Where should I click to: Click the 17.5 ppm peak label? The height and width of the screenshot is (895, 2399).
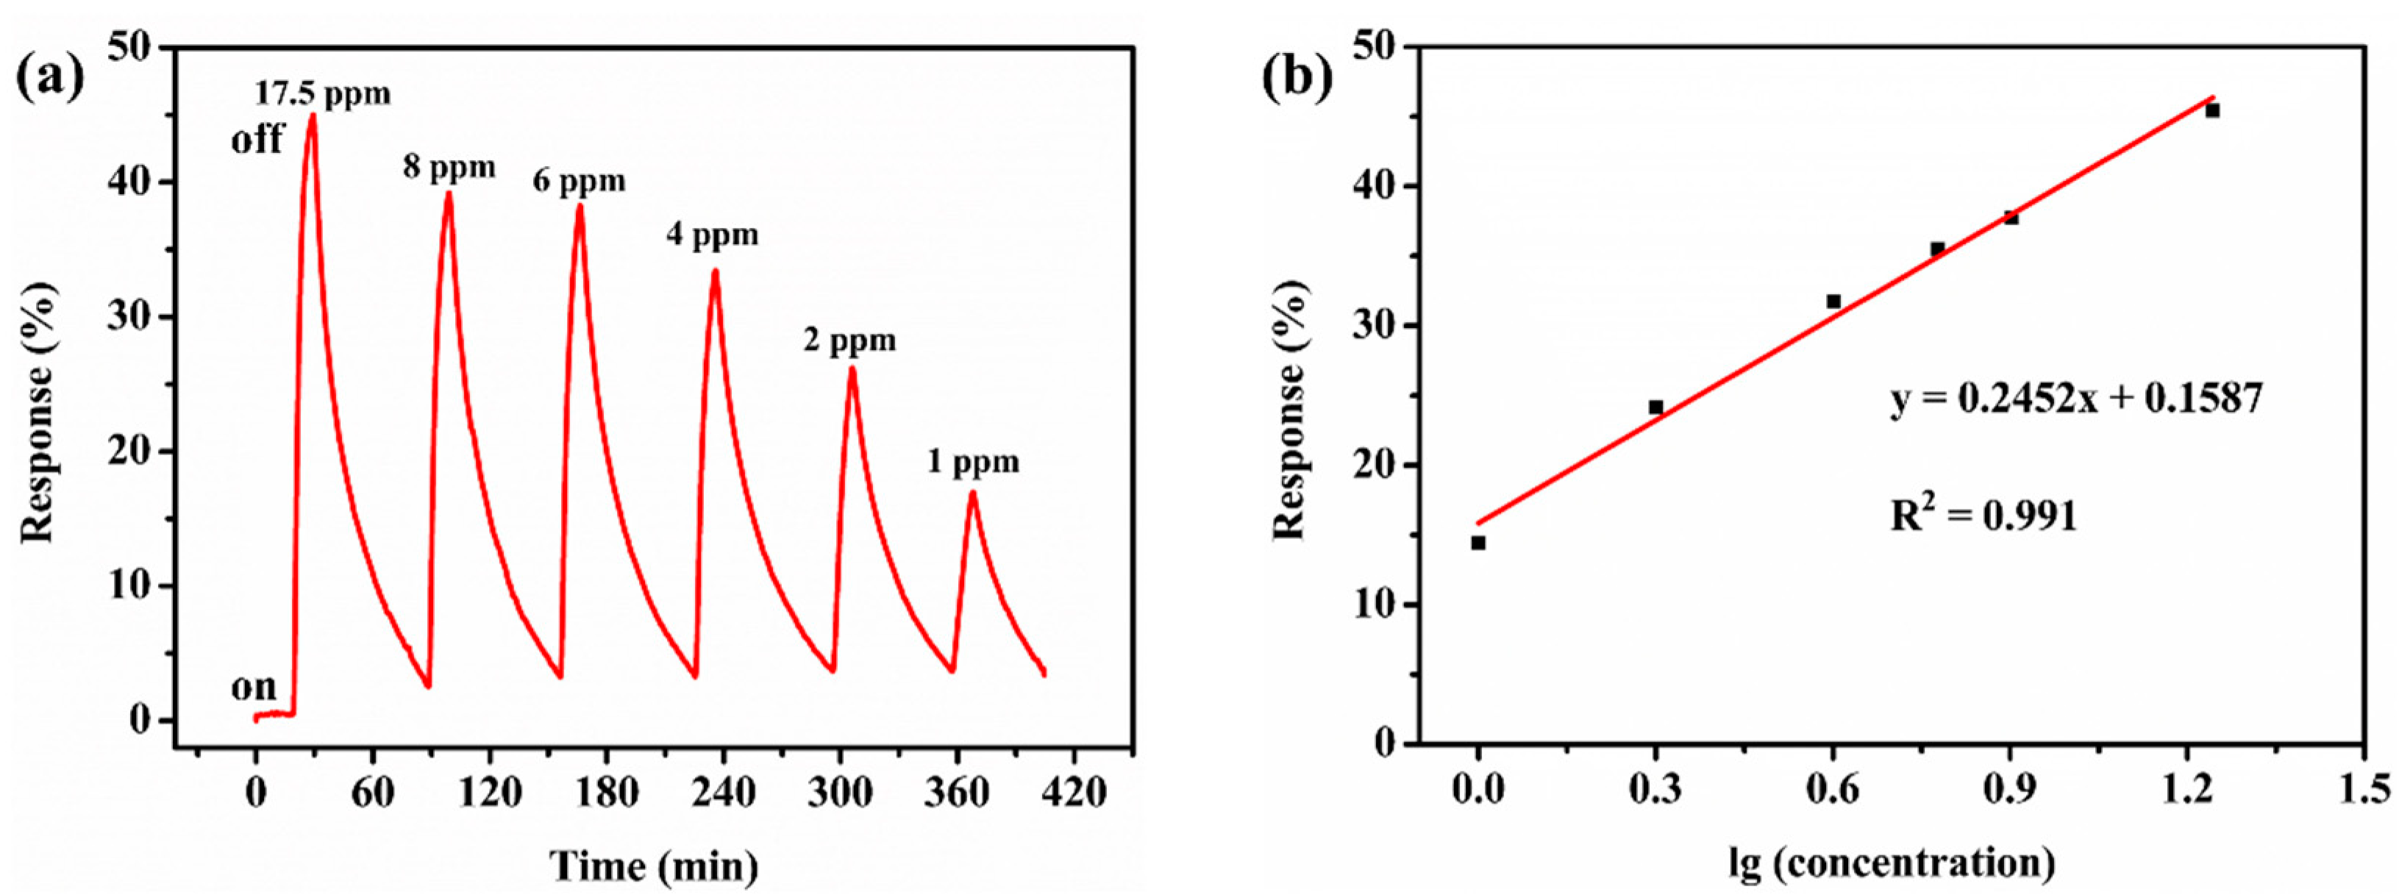pyautogui.click(x=322, y=94)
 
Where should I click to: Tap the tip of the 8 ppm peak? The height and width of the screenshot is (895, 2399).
pyautogui.click(x=448, y=193)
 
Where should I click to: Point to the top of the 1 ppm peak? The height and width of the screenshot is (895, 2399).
pyautogui.click(x=972, y=493)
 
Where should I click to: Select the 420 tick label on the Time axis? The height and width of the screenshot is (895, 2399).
pyautogui.click(x=1073, y=793)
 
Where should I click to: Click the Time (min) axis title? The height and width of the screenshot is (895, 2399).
pyautogui.click(x=654, y=866)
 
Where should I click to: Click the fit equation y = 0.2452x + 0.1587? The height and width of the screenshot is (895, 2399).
pyautogui.click(x=2076, y=399)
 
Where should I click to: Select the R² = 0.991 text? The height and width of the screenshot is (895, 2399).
pyautogui.click(x=1983, y=515)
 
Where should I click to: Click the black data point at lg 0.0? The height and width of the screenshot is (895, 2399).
pyautogui.click(x=1478, y=543)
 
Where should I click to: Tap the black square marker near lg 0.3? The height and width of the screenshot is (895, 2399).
pyautogui.click(x=1655, y=407)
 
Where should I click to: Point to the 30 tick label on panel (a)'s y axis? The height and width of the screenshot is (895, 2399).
pyautogui.click(x=130, y=317)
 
